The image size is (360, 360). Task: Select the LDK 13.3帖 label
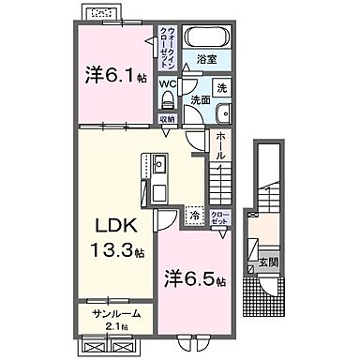pyautogui.click(x=117, y=238)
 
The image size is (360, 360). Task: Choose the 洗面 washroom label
pyautogui.click(x=200, y=98)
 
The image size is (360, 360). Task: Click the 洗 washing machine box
pyautogui.click(x=221, y=88)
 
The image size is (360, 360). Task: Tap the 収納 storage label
pyautogui.click(x=167, y=119)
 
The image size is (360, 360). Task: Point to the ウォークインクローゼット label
pyautogui.click(x=168, y=44)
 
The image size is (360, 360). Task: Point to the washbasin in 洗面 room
pyautogui.click(x=222, y=113)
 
